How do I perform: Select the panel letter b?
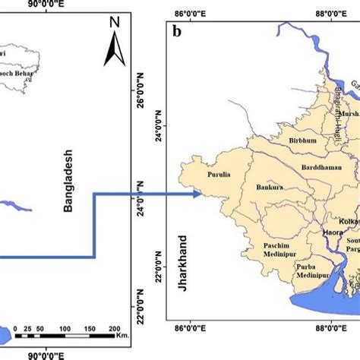click(177, 32)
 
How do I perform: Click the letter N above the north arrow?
click(113, 23)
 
